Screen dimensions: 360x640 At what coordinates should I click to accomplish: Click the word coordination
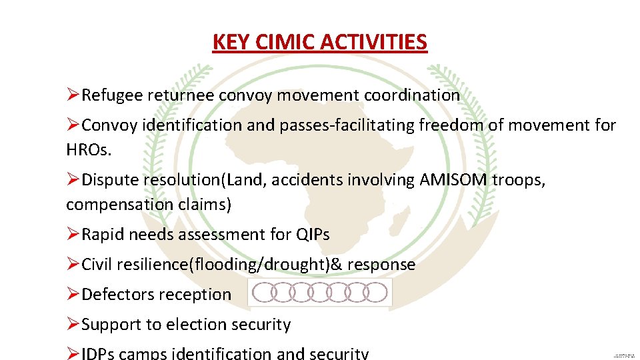(412, 95)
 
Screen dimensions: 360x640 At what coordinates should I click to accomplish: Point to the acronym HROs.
(89, 150)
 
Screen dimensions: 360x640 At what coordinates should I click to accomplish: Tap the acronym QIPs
(311, 235)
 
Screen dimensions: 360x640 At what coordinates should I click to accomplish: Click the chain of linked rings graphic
(320, 293)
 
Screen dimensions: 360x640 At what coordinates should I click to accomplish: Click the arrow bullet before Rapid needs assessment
(73, 235)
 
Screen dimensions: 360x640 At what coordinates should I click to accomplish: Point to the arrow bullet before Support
(73, 325)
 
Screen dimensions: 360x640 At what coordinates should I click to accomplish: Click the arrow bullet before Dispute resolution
(73, 180)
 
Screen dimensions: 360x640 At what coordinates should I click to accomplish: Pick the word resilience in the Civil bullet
(152, 265)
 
